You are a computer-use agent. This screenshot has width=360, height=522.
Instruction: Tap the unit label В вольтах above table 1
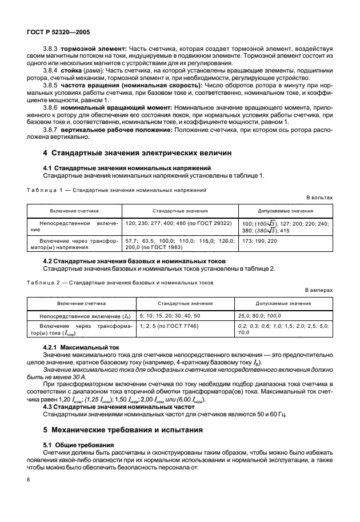coord(320,197)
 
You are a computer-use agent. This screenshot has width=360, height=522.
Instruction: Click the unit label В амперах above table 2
coord(319,290)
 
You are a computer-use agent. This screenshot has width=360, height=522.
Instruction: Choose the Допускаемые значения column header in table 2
coord(283,303)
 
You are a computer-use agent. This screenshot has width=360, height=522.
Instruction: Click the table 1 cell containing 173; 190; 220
coord(259,242)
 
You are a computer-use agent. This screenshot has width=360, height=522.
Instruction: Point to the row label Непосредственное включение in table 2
coord(77,315)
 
